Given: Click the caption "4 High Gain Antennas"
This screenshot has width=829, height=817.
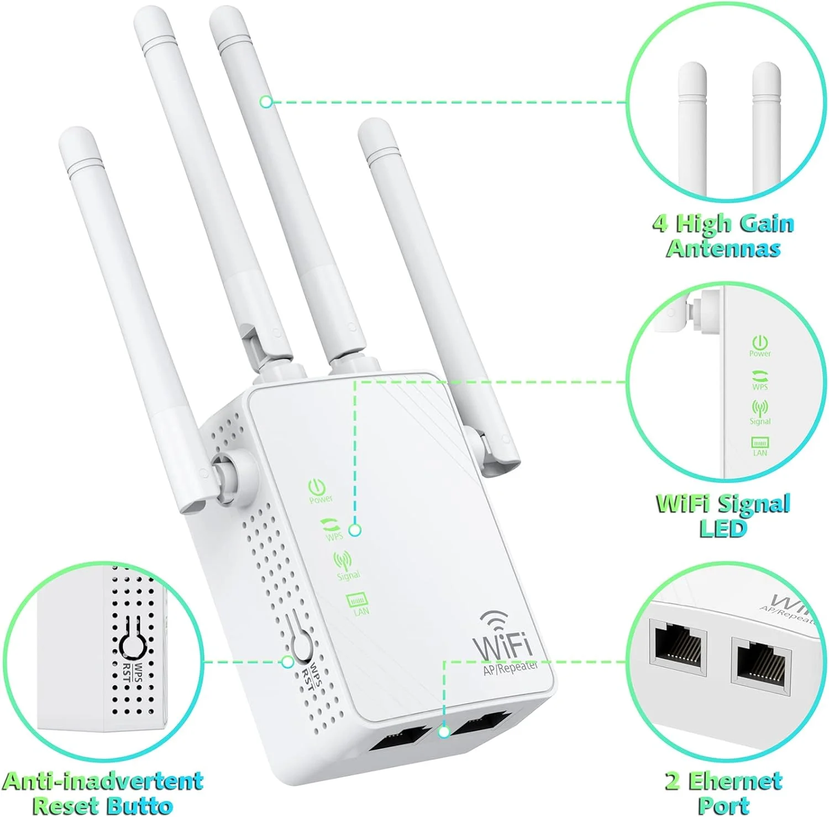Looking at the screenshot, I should coord(723,236).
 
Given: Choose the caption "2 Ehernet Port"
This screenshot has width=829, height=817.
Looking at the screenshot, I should coord(723,793).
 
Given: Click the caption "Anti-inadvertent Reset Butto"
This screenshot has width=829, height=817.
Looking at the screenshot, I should coord(103,793).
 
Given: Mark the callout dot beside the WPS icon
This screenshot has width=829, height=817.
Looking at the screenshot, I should coord(355,530).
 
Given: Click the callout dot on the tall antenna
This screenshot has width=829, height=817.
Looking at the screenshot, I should coord(266,102).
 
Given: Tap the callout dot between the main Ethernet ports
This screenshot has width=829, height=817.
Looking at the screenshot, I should coord(443,732).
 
